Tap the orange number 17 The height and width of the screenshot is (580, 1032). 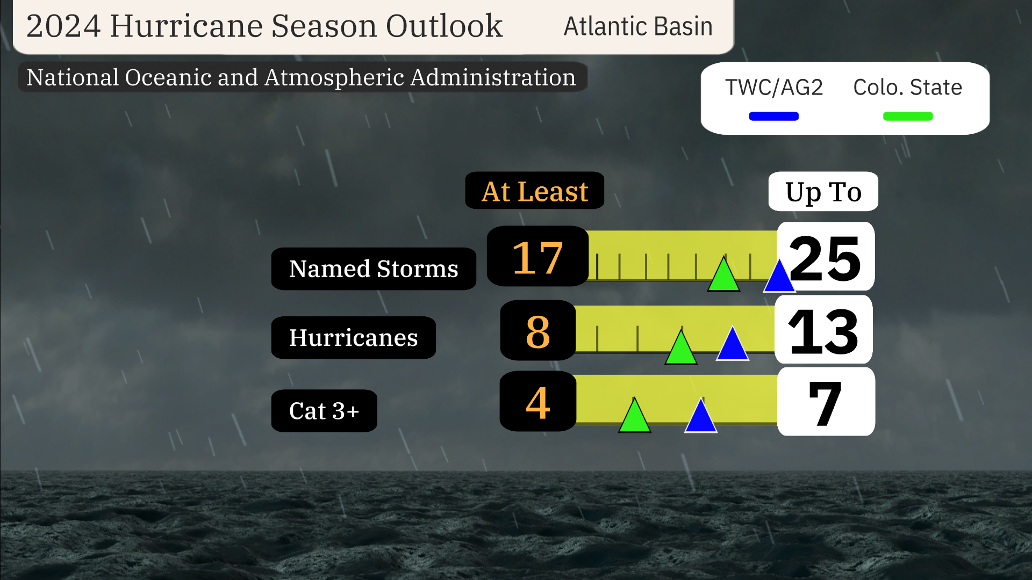(x=537, y=258)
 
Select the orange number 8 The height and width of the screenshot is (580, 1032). (x=538, y=331)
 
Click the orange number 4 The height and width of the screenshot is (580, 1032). (x=538, y=403)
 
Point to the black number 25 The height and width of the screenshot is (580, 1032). (x=825, y=259)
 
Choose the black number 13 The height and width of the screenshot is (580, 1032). (x=823, y=332)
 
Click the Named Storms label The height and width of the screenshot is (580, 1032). (x=374, y=269)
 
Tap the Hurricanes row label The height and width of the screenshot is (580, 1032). (x=353, y=338)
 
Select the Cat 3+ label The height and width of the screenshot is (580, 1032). (x=324, y=411)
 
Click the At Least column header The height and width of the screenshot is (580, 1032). (x=534, y=191)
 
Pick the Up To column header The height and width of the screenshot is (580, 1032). (x=823, y=192)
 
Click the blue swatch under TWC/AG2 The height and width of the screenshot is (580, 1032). (x=773, y=116)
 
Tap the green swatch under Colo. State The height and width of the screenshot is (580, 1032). (x=908, y=116)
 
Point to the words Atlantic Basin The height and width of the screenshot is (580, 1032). (x=638, y=26)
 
